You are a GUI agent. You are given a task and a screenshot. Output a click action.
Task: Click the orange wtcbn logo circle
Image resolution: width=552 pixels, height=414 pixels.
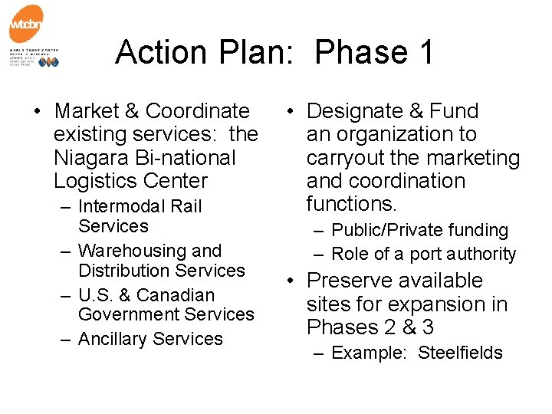point(26,25)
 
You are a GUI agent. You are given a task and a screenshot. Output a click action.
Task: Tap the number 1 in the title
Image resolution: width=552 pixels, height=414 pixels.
point(426,52)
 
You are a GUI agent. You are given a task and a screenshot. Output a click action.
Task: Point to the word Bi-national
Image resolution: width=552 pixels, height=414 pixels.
point(185,158)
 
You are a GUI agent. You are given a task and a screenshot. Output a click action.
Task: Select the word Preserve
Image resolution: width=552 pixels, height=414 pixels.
point(350,281)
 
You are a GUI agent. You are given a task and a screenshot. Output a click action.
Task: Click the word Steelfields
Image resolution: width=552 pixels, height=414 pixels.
point(460,353)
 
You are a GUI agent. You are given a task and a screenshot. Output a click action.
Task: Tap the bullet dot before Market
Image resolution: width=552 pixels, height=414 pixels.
point(36,112)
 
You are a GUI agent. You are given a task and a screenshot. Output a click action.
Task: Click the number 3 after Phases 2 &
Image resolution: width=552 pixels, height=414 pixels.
point(427,327)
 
